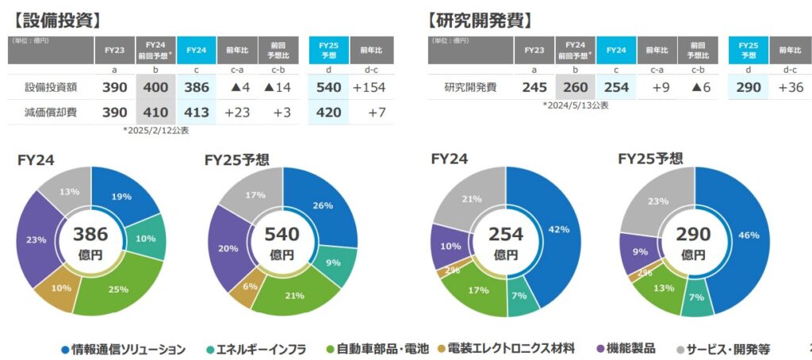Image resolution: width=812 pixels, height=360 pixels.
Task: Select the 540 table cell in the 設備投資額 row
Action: [328, 86]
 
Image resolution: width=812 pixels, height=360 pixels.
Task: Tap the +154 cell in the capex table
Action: [370, 86]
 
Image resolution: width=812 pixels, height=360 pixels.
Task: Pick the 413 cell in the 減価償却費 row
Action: [196, 113]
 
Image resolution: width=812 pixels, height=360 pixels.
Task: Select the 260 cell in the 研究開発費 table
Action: [575, 86]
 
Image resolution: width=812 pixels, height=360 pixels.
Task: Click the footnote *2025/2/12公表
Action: [156, 130]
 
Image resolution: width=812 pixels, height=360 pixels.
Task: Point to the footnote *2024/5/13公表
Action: [576, 105]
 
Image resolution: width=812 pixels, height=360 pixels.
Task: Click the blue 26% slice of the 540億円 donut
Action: [322, 208]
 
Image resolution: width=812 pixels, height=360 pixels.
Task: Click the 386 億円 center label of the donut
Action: [91, 242]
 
